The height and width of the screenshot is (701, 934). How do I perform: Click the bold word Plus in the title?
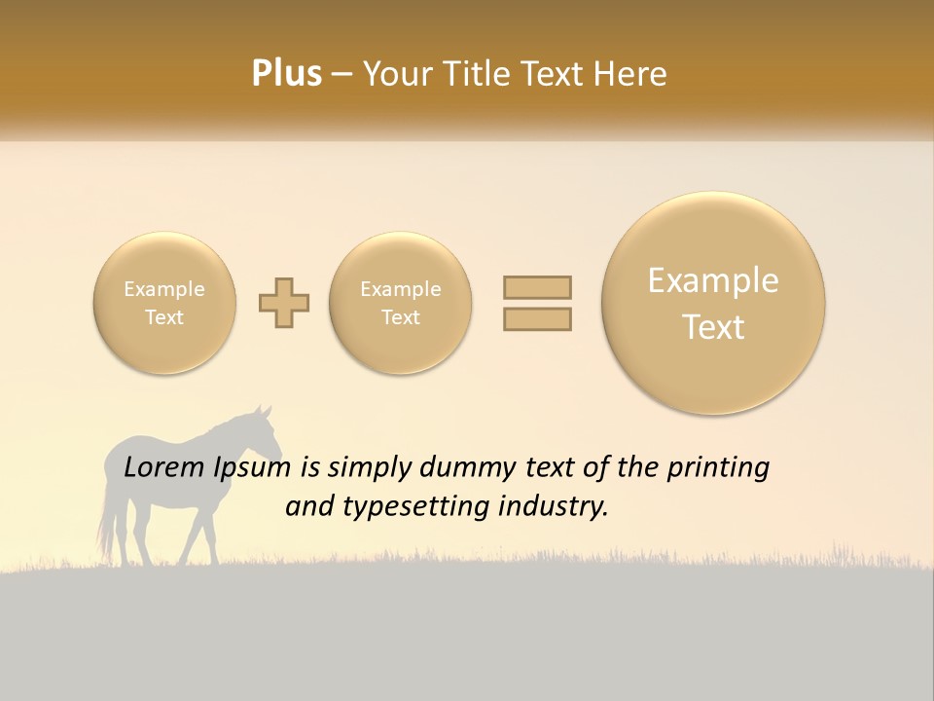(x=286, y=74)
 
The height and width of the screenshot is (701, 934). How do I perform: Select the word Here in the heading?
(x=633, y=74)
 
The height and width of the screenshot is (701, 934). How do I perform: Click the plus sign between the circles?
(x=284, y=303)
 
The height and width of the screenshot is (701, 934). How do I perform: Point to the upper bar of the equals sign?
(x=537, y=287)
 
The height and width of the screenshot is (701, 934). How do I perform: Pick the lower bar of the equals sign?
(x=537, y=318)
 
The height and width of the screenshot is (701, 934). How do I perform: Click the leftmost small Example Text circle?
(x=164, y=303)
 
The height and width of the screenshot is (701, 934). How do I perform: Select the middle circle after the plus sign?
(x=401, y=303)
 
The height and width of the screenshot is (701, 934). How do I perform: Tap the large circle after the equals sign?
(x=713, y=303)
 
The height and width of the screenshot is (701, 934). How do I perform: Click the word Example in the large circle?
(x=713, y=280)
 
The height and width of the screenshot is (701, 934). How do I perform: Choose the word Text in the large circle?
(x=713, y=327)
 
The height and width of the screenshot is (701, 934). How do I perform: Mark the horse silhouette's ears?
(x=264, y=411)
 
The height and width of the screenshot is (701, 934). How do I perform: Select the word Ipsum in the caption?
(x=252, y=468)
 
